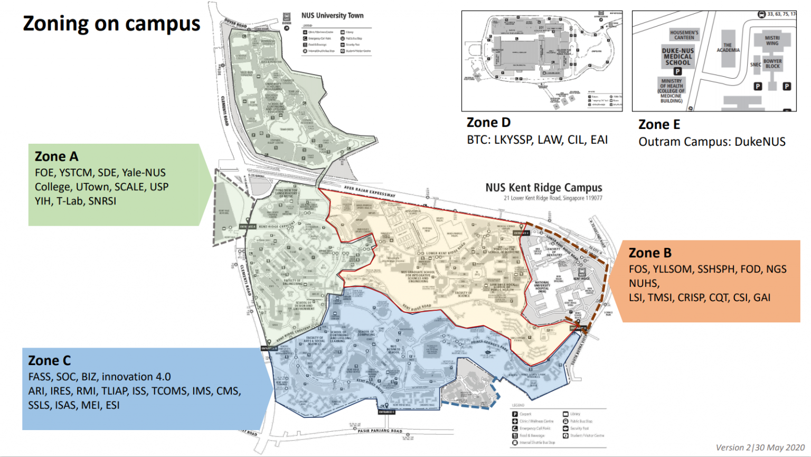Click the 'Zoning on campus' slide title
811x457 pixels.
pyautogui.click(x=111, y=24)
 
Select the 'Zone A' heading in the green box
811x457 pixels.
pyautogui.click(x=56, y=156)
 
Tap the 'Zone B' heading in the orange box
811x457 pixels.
pyautogui.click(x=650, y=253)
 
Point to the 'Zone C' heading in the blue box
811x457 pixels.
pyautogui.click(x=49, y=360)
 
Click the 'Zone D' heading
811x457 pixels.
pyautogui.click(x=488, y=123)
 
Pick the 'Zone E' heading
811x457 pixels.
pyautogui.click(x=659, y=125)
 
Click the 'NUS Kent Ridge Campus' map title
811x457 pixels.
pyautogui.click(x=543, y=188)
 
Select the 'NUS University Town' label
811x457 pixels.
pyautogui.click(x=332, y=15)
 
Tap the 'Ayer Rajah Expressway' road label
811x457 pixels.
pyautogui.click(x=370, y=191)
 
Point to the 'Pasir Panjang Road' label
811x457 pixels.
pyautogui.click(x=380, y=431)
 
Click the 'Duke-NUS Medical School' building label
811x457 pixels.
pyautogui.click(x=678, y=57)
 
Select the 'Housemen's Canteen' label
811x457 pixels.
pyautogui.click(x=684, y=35)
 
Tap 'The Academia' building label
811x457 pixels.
pyautogui.click(x=728, y=48)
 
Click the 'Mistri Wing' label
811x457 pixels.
pyautogui.click(x=772, y=40)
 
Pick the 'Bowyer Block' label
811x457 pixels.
pyautogui.click(x=772, y=63)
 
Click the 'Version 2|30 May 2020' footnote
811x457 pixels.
pyautogui.click(x=760, y=447)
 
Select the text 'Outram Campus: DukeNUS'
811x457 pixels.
pyautogui.click(x=712, y=142)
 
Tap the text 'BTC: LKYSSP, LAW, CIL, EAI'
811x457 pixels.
pyautogui.click(x=537, y=140)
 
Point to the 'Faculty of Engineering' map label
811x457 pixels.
pyautogui.click(x=292, y=282)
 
